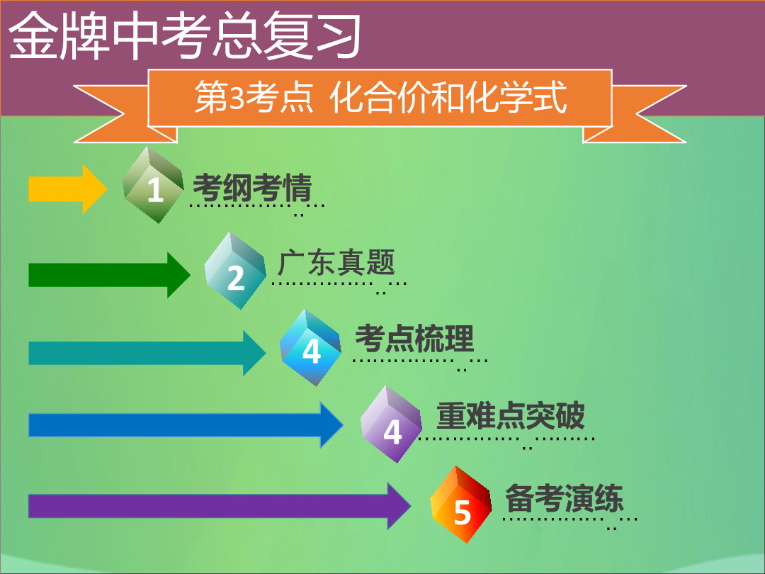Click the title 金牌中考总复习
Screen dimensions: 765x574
coord(185,35)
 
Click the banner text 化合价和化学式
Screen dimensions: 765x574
coord(448,97)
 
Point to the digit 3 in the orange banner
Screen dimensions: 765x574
coord(237,97)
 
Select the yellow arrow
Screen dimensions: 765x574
coord(68,189)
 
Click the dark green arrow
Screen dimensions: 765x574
coord(109,275)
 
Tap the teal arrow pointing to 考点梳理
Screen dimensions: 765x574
coord(147,353)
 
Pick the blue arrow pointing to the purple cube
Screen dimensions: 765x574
coord(186,425)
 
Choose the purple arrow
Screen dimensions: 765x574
coord(220,506)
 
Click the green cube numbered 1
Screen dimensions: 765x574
coord(153,185)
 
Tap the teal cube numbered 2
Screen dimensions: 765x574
coord(235,271)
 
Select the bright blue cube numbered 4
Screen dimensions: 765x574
coord(311,347)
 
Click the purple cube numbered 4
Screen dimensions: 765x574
coord(391,424)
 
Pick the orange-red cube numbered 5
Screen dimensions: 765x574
coord(461,505)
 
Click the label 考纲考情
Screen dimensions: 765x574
coord(252,187)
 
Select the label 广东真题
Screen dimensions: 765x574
coord(336,263)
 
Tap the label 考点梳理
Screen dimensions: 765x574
coord(414,339)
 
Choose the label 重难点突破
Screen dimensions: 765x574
coord(510,416)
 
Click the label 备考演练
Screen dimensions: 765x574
coord(565,498)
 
